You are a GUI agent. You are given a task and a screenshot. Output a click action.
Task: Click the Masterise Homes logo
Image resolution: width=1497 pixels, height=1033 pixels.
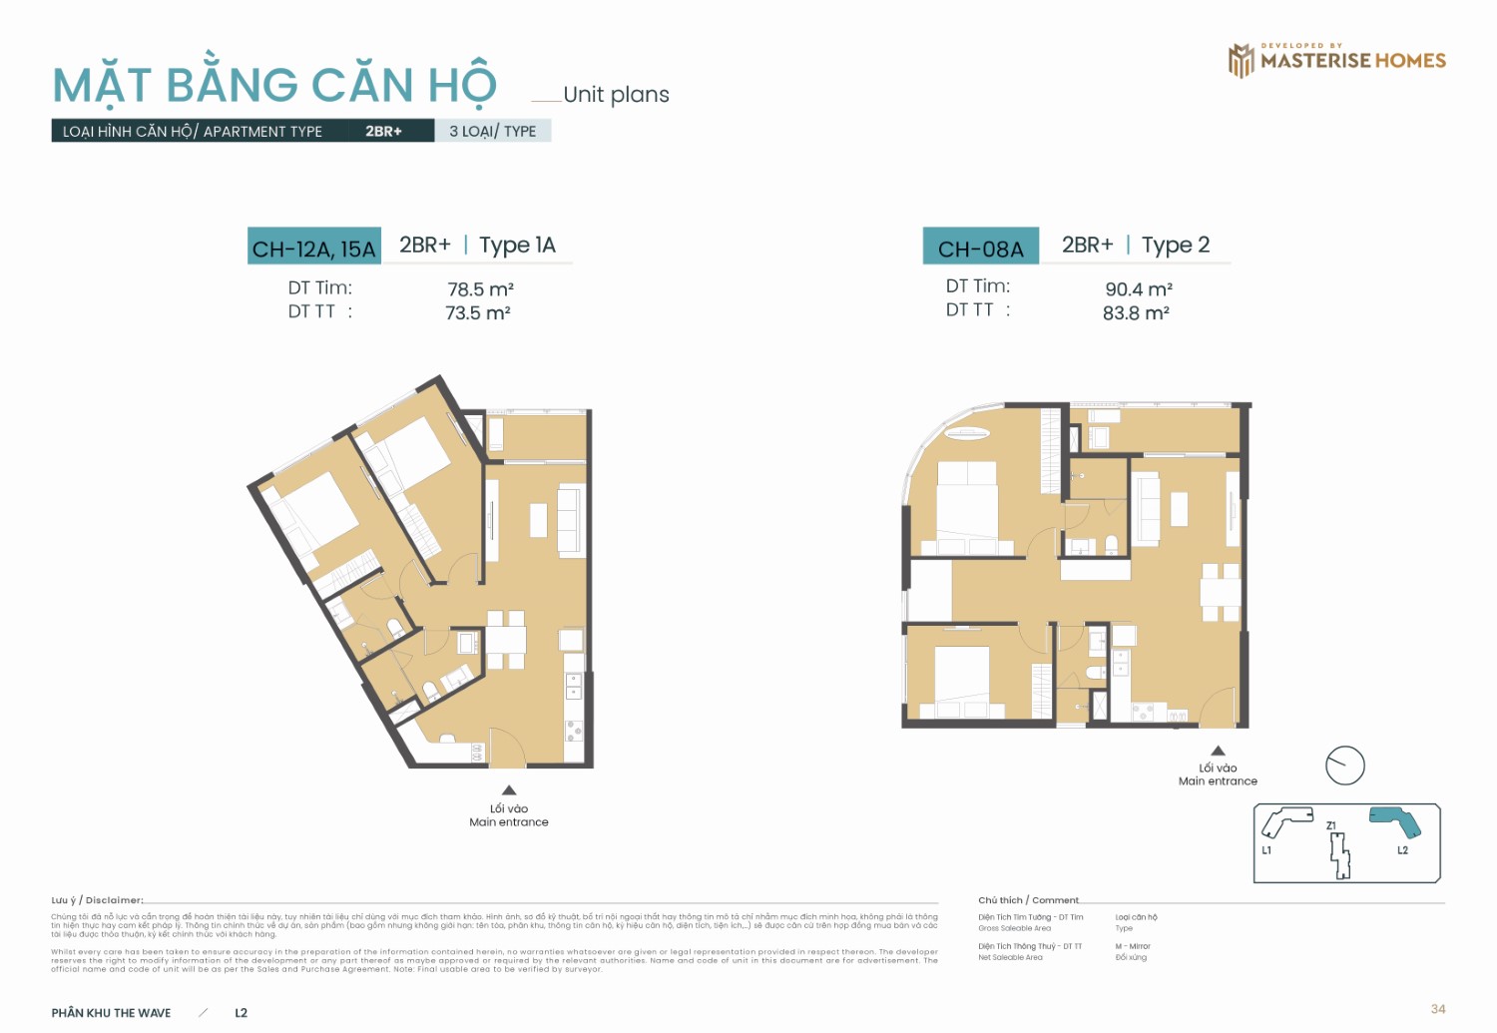1336,60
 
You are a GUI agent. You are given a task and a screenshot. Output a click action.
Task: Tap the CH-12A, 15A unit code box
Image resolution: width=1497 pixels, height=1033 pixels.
313,248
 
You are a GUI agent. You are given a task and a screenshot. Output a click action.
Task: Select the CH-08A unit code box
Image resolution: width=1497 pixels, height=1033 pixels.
980,248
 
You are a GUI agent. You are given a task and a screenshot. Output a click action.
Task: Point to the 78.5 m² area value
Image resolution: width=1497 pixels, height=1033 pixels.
480,289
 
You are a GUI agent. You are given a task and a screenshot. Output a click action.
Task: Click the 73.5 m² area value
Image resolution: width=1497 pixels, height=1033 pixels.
478,313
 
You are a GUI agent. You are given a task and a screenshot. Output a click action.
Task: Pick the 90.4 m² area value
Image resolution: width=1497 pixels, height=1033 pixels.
1138,289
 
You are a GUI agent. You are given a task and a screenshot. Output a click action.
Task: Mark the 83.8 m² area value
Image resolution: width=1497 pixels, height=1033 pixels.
1136,313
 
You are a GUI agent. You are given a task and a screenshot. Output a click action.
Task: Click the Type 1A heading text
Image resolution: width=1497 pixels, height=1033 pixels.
517,246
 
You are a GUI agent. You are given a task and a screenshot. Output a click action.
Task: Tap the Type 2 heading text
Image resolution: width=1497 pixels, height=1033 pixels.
1175,246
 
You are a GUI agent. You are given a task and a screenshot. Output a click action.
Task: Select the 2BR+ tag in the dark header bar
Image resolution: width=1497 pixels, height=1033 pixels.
383,131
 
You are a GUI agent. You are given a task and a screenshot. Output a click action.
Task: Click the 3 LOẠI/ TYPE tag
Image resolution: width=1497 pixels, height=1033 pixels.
492,131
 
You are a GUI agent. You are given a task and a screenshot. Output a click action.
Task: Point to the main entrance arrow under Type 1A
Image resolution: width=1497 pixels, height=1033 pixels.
509,790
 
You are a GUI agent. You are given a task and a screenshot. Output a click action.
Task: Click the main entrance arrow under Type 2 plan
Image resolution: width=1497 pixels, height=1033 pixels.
1218,751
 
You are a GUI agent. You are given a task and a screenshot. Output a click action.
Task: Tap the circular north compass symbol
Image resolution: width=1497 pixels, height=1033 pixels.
1344,766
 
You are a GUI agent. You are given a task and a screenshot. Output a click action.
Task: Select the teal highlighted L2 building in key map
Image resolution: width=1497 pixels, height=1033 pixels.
1397,820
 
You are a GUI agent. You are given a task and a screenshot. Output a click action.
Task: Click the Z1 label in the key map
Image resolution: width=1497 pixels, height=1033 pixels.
1331,825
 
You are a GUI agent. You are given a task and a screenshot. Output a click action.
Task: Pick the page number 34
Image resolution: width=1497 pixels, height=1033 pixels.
1437,1009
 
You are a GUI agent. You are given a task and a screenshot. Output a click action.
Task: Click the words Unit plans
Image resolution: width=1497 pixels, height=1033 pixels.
616,95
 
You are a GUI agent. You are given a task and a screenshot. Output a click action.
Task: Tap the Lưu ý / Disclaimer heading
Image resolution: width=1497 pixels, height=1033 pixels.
98,900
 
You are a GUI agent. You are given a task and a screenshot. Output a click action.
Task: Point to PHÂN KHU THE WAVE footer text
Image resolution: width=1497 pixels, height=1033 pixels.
111,1013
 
